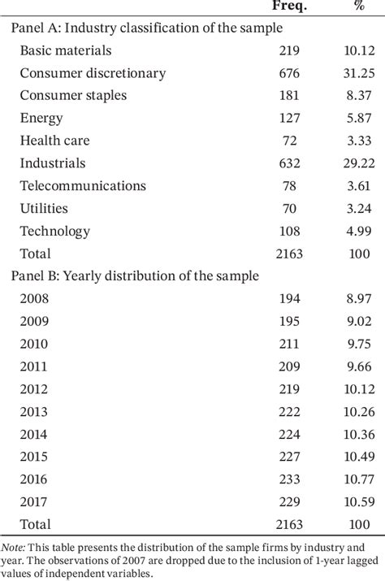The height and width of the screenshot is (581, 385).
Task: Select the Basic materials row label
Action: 65,50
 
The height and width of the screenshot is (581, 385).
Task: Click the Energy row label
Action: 41,119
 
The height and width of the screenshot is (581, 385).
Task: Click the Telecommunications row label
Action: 83,186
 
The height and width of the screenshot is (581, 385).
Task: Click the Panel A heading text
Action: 146,28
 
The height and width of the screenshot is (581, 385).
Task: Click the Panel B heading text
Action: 135,275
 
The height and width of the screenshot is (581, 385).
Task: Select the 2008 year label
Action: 35,298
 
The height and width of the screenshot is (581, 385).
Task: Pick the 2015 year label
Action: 35,457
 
